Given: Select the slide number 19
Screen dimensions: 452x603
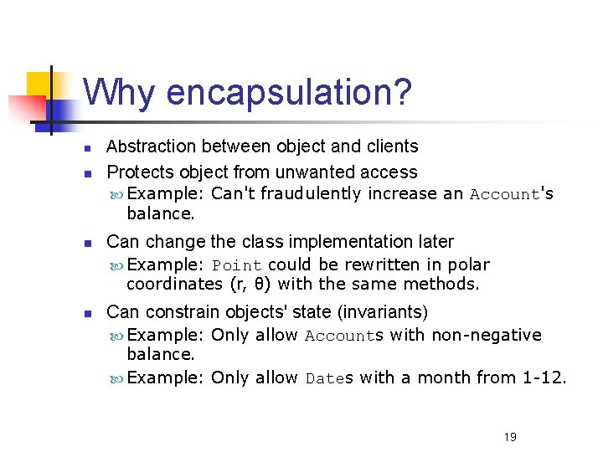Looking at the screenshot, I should (510, 437).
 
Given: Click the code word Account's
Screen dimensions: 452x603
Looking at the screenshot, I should (511, 194).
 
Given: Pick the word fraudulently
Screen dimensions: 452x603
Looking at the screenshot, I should (312, 194).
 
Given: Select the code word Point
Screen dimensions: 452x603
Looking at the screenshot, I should (236, 265).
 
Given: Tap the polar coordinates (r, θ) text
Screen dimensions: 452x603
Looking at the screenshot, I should (248, 285).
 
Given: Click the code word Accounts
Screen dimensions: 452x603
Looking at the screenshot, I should (343, 336).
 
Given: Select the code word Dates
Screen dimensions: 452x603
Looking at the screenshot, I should (330, 378).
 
